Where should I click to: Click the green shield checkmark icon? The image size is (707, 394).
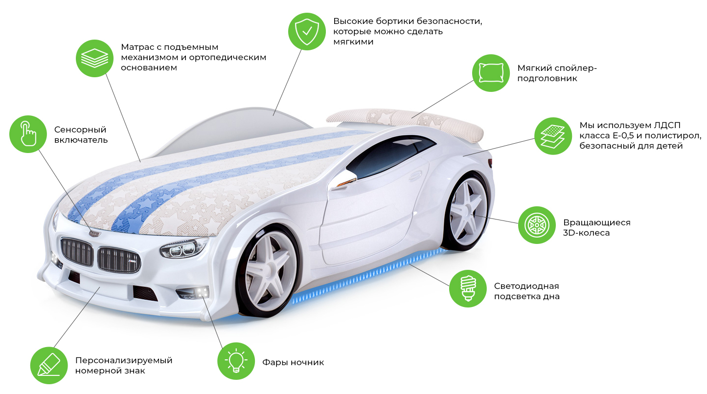click(x=307, y=30)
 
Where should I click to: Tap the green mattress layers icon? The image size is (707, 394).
click(x=94, y=58)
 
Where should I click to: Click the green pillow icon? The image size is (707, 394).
click(x=491, y=73)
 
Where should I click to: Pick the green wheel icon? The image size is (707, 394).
click(x=536, y=225)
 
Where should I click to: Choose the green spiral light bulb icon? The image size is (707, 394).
click(x=468, y=288)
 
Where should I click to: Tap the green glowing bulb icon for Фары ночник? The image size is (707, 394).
click(x=236, y=361)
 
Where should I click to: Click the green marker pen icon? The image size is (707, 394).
click(x=49, y=365)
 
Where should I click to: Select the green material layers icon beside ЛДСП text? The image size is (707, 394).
click(x=552, y=135)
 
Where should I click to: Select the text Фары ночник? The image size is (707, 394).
click(x=293, y=362)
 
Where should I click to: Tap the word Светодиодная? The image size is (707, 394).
click(x=526, y=286)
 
